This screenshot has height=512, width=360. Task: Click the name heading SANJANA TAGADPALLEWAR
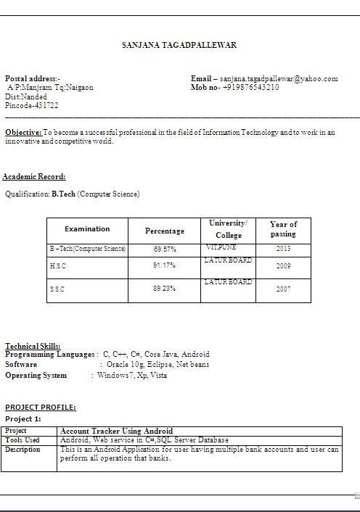point(179,45)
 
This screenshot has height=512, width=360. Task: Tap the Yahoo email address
point(279,78)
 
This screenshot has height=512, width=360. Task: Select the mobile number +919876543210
point(250,87)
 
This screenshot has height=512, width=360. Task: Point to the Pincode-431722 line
point(32,105)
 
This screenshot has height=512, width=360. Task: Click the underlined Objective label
point(22,133)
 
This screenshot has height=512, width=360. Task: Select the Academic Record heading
point(34,176)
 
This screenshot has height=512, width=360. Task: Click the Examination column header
point(87,229)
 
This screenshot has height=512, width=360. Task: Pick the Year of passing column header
point(283,229)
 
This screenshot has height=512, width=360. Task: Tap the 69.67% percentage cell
point(165,249)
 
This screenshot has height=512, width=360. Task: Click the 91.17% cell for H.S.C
point(165,265)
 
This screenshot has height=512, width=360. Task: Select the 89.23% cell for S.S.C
point(165,288)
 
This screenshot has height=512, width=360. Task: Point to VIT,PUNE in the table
point(221,248)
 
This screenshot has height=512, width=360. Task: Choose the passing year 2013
point(283,249)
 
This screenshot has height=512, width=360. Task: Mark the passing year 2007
point(283,289)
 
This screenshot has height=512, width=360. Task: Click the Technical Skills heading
point(33,346)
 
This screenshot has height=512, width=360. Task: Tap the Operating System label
point(36,376)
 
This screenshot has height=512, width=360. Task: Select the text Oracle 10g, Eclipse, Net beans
point(157,365)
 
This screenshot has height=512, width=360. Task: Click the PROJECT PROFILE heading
point(40,408)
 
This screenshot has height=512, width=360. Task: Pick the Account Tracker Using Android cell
point(116,431)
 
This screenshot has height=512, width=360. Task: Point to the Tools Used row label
point(22,440)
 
